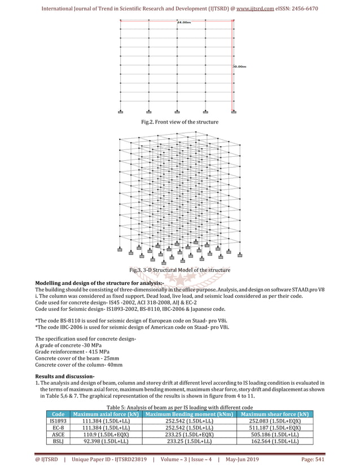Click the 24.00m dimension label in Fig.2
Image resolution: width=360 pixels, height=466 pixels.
(184, 22)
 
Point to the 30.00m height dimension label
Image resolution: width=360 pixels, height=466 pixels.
(240, 67)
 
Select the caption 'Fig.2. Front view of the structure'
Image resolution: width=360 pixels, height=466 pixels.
(179, 122)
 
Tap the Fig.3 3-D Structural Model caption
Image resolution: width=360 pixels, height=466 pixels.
(179, 271)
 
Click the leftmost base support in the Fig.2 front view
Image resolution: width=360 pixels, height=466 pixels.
(121, 111)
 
